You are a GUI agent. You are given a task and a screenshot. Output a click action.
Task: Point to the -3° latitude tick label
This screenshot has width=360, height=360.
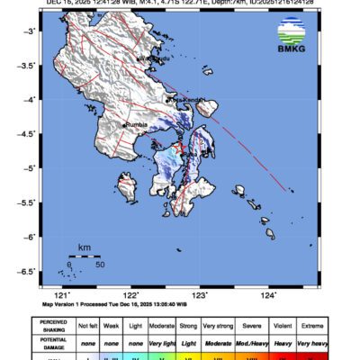click(x=30, y=31)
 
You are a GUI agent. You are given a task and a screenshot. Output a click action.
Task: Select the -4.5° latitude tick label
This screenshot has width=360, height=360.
click(x=27, y=134)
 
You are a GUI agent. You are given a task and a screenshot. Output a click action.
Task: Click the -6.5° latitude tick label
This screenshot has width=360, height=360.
click(x=27, y=271)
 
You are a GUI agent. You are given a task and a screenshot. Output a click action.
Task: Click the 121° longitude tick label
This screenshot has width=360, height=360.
click(x=62, y=294)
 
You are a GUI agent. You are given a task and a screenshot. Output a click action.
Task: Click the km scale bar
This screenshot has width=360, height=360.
click(x=84, y=256)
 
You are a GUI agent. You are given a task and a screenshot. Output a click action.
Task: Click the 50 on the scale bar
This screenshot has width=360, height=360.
click(x=100, y=265)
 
